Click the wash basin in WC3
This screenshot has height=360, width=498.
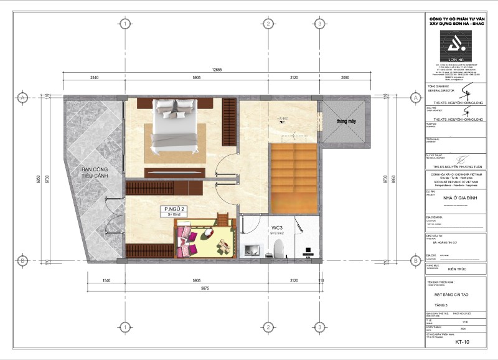tap(252, 251)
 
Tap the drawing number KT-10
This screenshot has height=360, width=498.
tap(461, 342)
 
